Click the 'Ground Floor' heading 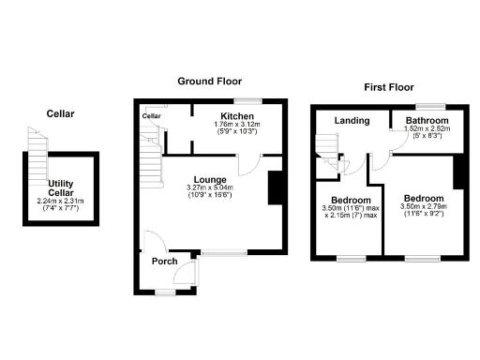point(211,82)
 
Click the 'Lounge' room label point(211,179)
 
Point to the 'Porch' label point(165,262)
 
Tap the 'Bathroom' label point(427,122)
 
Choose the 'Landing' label point(352,121)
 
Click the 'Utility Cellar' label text point(60,188)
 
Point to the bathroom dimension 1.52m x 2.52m point(427,131)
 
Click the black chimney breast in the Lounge point(275,187)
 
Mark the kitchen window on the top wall point(247,101)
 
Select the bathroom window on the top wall point(430,105)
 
